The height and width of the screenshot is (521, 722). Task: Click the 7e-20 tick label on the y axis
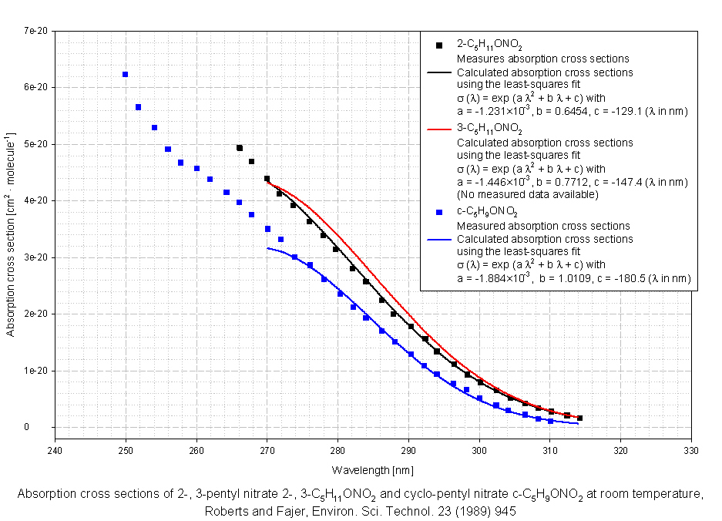coord(35,31)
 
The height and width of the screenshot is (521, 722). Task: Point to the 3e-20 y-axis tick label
coord(35,257)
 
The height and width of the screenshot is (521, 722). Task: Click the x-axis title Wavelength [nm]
coord(373,469)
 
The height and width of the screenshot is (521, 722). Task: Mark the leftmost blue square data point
coord(125,75)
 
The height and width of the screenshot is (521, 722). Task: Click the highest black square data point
coord(240,148)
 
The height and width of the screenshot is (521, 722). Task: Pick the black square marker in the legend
coord(438,45)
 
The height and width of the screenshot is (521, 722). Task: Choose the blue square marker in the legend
coord(438,211)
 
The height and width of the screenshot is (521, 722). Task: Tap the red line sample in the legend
coord(438,129)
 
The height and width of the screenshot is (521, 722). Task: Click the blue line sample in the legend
coord(438,239)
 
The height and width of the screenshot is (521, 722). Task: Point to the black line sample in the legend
coord(438,72)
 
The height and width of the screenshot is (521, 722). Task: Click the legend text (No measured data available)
coord(527,194)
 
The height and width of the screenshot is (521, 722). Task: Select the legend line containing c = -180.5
coord(573,278)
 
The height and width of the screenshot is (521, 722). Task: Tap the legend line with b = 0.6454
coord(572,111)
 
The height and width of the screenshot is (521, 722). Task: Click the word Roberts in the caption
coord(224,510)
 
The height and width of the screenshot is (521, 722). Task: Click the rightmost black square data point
coord(579,418)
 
